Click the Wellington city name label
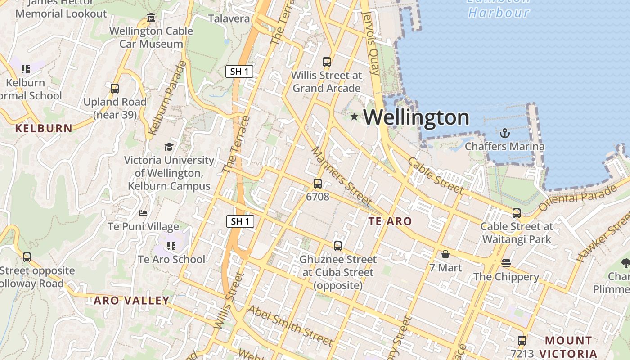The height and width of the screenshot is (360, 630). [416, 117]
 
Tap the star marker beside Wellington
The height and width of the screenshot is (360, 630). [354, 117]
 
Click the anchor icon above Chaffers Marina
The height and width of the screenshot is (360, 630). [504, 133]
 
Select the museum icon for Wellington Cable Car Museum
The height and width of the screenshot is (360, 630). [151, 18]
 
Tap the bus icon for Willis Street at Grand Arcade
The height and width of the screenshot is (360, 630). [327, 62]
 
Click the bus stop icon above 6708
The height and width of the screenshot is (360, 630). [318, 184]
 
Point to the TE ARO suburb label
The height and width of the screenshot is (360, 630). [390, 221]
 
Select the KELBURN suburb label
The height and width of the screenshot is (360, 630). [44, 128]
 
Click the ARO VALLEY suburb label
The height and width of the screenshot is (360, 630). [131, 300]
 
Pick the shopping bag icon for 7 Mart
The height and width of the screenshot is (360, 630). [445, 255]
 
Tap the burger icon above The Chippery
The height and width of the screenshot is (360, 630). [506, 263]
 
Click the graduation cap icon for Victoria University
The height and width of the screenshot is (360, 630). [169, 147]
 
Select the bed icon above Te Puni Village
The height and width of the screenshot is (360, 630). [143, 213]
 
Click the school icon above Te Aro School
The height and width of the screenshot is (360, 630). [171, 246]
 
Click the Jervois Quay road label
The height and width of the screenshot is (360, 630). [371, 43]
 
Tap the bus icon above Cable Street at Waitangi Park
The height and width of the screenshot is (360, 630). [517, 213]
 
